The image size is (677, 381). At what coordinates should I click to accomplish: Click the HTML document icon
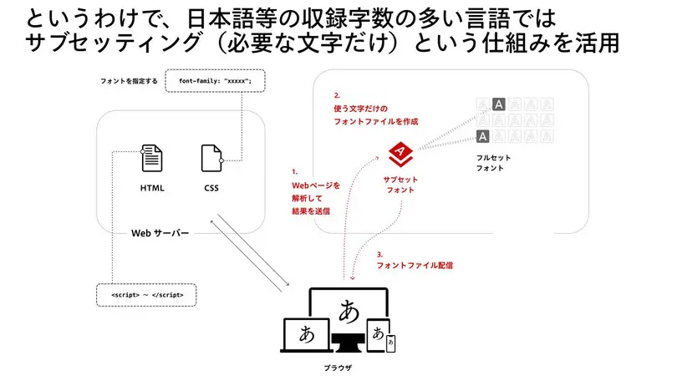click(151, 158)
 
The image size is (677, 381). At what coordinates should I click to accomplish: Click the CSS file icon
click(211, 158)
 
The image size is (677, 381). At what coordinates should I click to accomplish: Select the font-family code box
click(216, 81)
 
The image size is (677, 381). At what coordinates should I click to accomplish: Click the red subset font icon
click(400, 152)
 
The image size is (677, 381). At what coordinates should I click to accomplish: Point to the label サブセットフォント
click(400, 185)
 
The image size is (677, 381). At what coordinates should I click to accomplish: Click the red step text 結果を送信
click(310, 211)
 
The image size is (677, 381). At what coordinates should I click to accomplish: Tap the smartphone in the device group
click(389, 343)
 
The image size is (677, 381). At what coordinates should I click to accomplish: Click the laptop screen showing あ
click(307, 334)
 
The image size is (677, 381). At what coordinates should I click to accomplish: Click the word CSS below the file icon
click(211, 189)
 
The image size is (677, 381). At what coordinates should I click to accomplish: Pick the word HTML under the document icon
click(152, 189)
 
